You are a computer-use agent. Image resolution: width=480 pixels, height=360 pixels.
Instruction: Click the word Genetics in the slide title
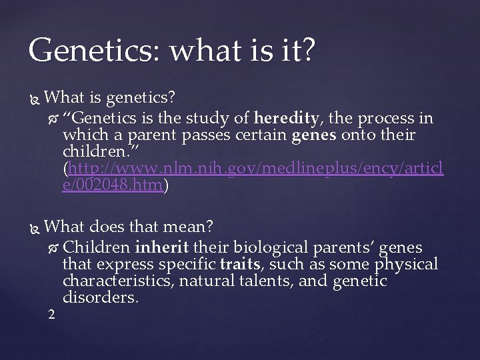click(x=83, y=51)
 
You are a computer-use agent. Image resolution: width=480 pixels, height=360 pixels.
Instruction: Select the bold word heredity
click(x=287, y=119)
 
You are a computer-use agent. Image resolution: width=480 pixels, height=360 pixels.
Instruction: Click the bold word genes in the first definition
click(x=314, y=136)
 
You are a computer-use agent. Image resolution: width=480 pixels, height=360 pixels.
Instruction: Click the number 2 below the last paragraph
click(x=52, y=314)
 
